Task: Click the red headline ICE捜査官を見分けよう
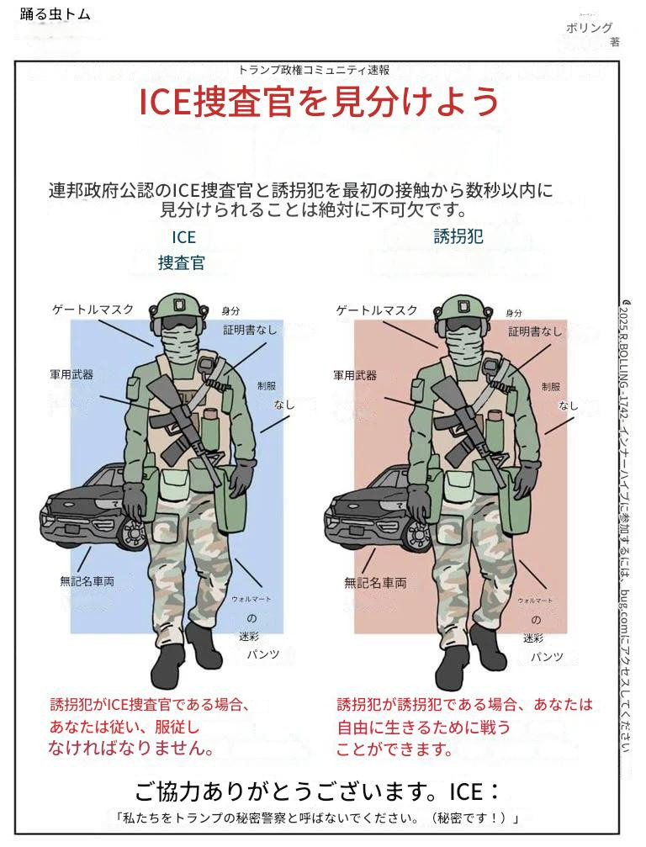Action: [x=318, y=102]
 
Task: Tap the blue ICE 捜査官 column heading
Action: [x=182, y=250]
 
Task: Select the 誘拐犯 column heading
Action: [x=458, y=236]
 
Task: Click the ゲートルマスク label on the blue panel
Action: [x=93, y=310]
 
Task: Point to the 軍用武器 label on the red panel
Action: [x=355, y=375]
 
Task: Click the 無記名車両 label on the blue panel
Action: [x=87, y=581]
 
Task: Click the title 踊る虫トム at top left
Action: [x=55, y=14]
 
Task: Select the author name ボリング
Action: [x=589, y=28]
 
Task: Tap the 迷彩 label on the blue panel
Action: [x=249, y=637]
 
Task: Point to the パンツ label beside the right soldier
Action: [x=547, y=657]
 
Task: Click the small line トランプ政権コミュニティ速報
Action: [x=314, y=70]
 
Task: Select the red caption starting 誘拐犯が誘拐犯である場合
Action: [x=464, y=727]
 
